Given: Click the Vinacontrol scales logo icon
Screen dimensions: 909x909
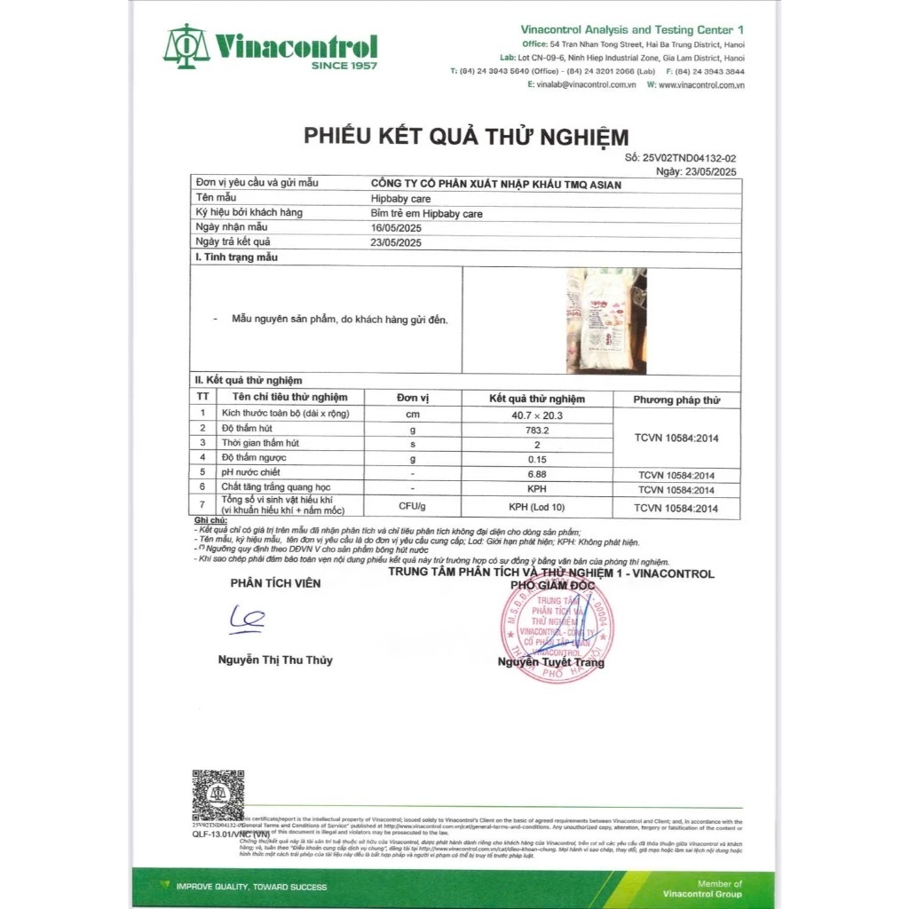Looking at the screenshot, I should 186,46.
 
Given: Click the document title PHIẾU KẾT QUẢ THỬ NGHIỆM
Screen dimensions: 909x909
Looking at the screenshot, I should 466,137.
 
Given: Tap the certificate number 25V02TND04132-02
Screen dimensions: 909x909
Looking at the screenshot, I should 693,157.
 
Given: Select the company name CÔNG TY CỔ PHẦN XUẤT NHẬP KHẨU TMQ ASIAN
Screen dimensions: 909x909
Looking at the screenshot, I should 495,184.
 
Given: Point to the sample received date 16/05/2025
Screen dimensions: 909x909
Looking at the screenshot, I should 395,227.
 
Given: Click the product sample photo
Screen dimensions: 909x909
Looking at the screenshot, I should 606,320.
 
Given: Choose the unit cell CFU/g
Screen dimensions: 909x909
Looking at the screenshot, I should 413,507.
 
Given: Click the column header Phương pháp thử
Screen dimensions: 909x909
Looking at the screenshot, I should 676,399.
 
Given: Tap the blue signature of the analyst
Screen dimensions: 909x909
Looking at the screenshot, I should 243,619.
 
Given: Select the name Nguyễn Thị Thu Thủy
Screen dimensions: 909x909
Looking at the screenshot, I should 275,660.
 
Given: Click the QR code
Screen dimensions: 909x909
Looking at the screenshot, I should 218,796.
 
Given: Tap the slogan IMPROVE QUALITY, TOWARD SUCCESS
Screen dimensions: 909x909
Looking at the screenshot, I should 251,887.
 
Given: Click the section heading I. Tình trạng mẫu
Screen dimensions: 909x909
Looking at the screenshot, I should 236,257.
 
